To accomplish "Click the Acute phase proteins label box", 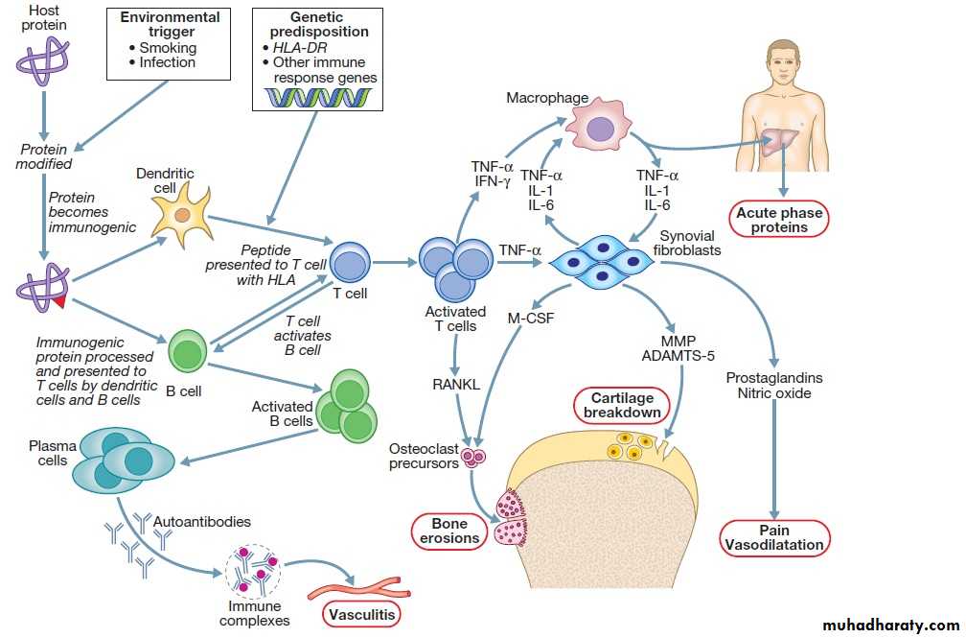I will [779, 221].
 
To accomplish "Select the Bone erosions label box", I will [449, 532].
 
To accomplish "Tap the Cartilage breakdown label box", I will [621, 406].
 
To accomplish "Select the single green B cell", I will [188, 352].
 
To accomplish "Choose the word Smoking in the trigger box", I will [168, 47].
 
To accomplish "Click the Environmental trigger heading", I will [169, 24].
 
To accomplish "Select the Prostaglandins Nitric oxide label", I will [774, 386].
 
